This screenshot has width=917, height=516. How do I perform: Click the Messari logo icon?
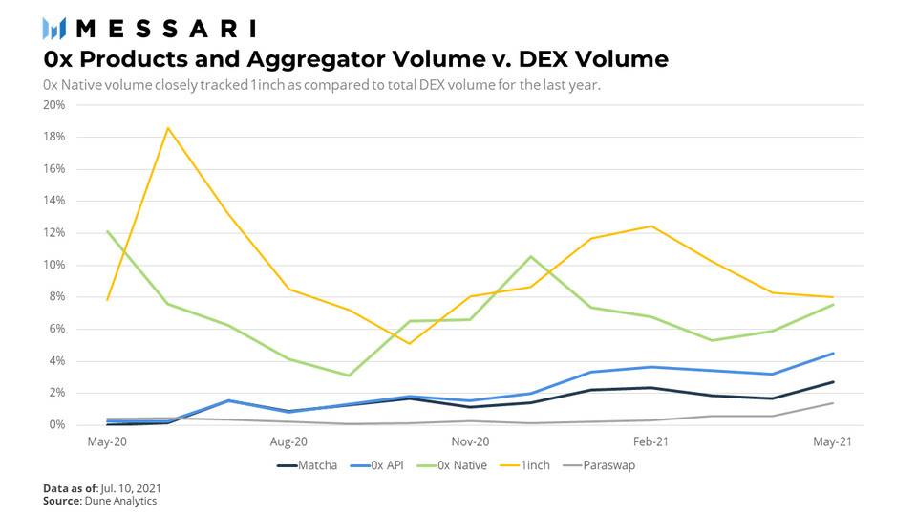click(54, 28)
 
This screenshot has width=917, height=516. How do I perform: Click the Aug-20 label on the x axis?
click(288, 441)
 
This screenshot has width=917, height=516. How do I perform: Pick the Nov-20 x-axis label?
click(469, 441)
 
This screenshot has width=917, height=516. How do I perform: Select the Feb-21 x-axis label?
click(650, 441)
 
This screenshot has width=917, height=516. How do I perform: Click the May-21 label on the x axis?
click(832, 441)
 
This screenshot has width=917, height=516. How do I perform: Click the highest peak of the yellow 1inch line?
click(168, 128)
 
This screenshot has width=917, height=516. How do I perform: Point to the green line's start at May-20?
click(108, 231)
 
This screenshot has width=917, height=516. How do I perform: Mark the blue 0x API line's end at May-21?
click(833, 354)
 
